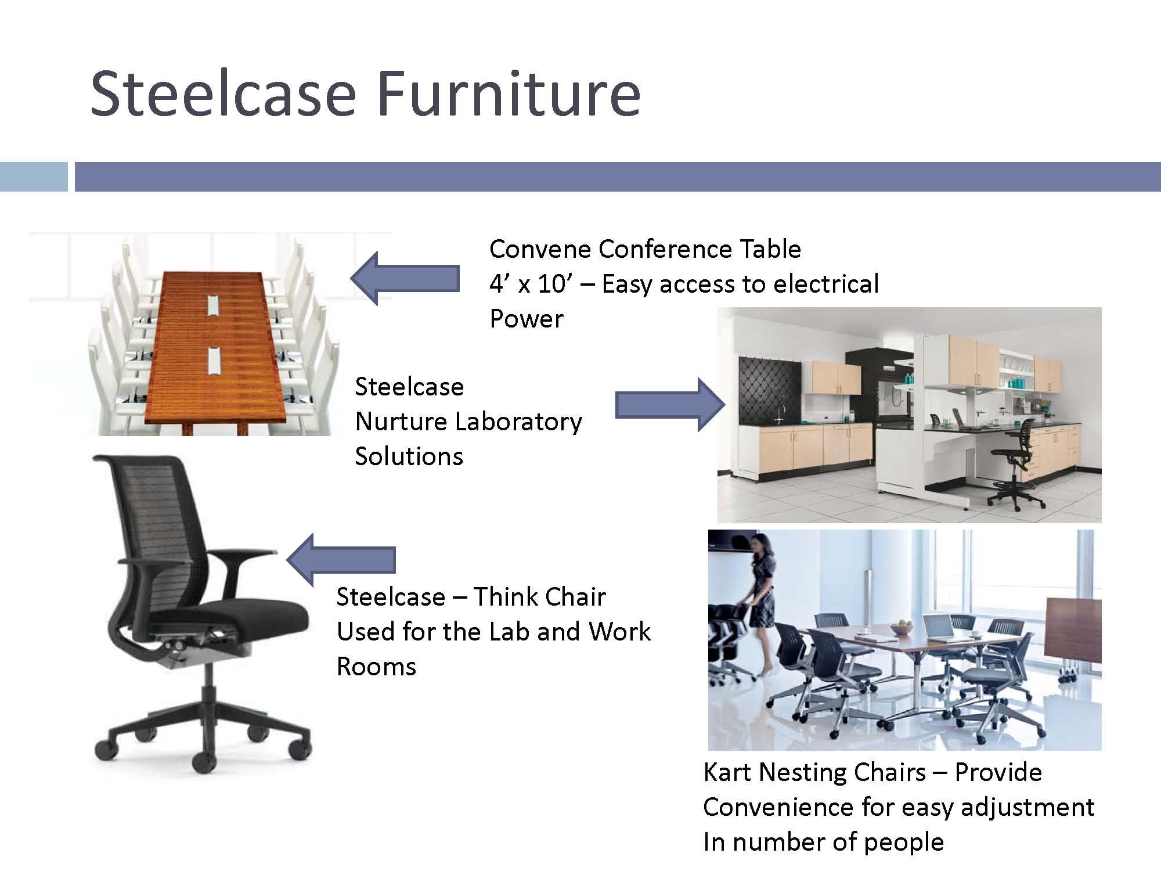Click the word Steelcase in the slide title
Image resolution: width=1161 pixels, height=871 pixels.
(x=223, y=93)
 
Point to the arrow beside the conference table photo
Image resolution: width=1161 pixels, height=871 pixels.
(x=405, y=278)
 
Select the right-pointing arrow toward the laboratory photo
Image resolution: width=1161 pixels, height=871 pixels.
(x=670, y=405)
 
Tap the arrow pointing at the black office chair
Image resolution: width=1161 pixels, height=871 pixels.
(x=341, y=560)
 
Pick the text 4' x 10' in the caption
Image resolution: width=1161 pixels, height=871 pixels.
(x=528, y=284)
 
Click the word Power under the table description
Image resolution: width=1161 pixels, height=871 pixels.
(x=527, y=319)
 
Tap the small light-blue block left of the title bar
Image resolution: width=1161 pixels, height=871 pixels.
(x=34, y=177)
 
